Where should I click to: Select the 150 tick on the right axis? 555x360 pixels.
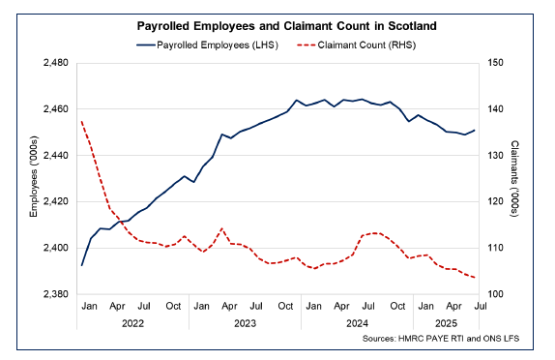coord(497,63)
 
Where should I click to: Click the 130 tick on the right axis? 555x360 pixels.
coord(497,156)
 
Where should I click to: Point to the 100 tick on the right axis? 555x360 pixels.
coord(497,294)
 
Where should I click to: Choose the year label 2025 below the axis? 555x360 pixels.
coord(445,324)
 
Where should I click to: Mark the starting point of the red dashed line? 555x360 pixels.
coord(82,122)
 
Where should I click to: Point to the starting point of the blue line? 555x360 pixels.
coord(82,265)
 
